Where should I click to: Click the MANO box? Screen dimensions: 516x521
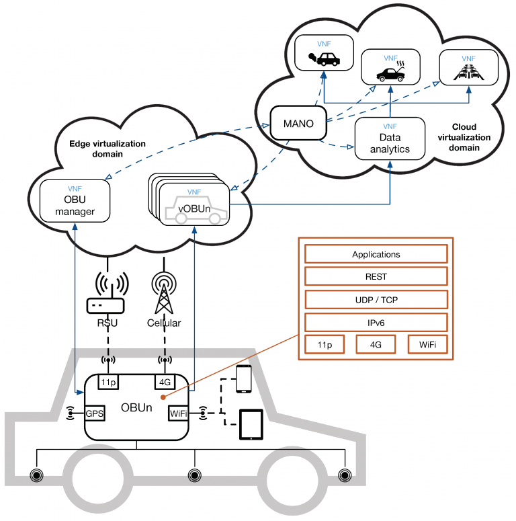tap(298, 123)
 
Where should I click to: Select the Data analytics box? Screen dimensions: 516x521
tap(390, 138)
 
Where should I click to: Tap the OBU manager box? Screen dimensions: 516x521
tap(75, 201)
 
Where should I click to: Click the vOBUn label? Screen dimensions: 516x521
tap(194, 208)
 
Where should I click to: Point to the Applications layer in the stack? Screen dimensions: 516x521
tap(376, 254)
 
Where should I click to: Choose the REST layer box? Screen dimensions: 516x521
tap(376, 276)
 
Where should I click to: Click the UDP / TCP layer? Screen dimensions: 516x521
tap(376, 300)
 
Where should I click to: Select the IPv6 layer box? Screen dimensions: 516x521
tap(376, 323)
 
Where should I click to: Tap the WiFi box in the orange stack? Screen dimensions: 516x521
tap(427, 345)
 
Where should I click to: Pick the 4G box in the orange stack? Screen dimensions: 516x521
tap(376, 345)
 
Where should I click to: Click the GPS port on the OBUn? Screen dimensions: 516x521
tap(95, 413)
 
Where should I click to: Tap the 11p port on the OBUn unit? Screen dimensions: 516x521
tap(109, 382)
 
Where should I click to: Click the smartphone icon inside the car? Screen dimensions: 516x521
tap(244, 378)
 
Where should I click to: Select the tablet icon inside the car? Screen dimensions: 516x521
tap(251, 425)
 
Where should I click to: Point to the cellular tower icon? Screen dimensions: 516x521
tap(164, 292)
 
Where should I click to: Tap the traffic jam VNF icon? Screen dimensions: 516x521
tap(468, 71)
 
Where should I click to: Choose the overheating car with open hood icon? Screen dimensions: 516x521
tap(391, 71)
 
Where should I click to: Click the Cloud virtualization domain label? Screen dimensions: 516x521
tap(464, 137)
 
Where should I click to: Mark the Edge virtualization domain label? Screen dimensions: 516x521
tap(107, 149)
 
